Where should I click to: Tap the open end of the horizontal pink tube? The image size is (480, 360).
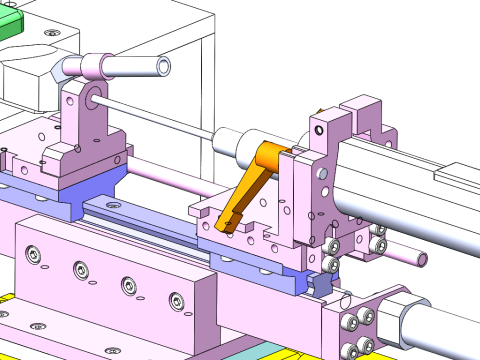162,67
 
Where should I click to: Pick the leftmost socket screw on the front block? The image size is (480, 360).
35,256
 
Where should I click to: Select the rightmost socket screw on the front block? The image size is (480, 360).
177,300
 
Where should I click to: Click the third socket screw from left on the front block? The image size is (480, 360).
128,286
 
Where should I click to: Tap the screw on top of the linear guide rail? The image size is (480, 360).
110,204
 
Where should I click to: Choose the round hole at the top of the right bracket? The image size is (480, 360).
319,129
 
